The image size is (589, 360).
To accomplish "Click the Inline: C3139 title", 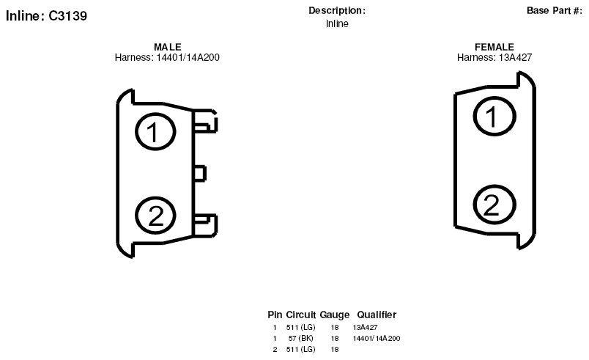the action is click(x=46, y=16).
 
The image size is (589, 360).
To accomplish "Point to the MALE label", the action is click(x=168, y=47).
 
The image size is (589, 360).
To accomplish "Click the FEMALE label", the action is click(x=494, y=47).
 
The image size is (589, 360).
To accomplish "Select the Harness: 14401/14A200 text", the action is click(x=167, y=57).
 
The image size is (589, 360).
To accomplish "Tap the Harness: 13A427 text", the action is click(x=494, y=57).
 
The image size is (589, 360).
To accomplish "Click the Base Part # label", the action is click(x=555, y=11).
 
